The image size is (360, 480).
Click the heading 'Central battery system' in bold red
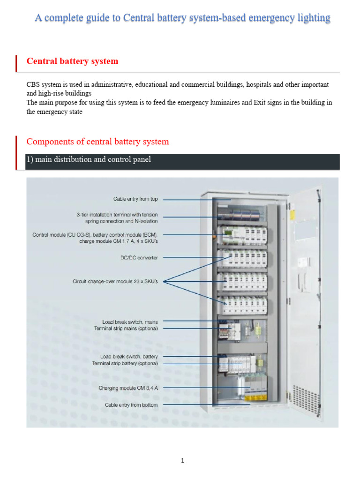(x=72, y=61)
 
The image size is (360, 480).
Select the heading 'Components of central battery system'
(x=97, y=142)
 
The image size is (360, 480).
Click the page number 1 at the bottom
(x=183, y=460)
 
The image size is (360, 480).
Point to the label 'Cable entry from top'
(x=135, y=199)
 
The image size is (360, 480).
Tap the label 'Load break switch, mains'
(x=130, y=322)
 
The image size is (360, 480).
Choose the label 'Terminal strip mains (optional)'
(x=126, y=328)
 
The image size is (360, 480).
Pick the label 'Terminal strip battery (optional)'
(x=125, y=363)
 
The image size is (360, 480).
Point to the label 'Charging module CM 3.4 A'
(x=128, y=388)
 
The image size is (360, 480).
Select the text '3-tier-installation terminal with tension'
(x=117, y=214)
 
